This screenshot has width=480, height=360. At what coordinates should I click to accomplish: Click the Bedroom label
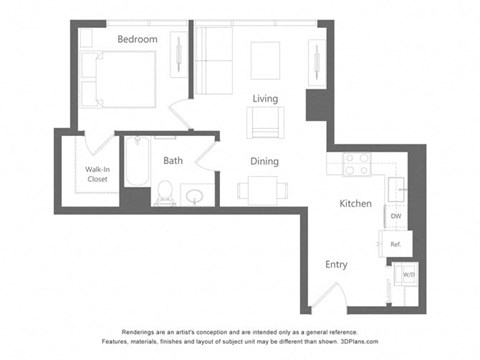[137, 39]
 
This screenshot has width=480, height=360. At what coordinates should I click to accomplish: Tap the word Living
[265, 98]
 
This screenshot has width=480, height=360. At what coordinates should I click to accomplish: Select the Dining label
[265, 161]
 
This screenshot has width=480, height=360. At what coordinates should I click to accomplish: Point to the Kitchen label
[355, 204]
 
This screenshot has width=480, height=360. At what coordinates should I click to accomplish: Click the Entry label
[336, 265]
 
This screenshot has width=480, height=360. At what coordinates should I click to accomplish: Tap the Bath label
[173, 160]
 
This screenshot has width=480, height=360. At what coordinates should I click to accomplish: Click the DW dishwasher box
[395, 216]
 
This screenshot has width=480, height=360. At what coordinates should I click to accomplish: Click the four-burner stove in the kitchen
[356, 164]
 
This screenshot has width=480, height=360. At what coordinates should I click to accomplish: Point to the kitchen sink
[396, 187]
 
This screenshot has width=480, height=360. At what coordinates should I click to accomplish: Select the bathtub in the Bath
[136, 172]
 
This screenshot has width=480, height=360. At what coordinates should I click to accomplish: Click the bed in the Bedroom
[120, 79]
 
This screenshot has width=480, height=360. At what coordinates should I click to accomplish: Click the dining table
[264, 188]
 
